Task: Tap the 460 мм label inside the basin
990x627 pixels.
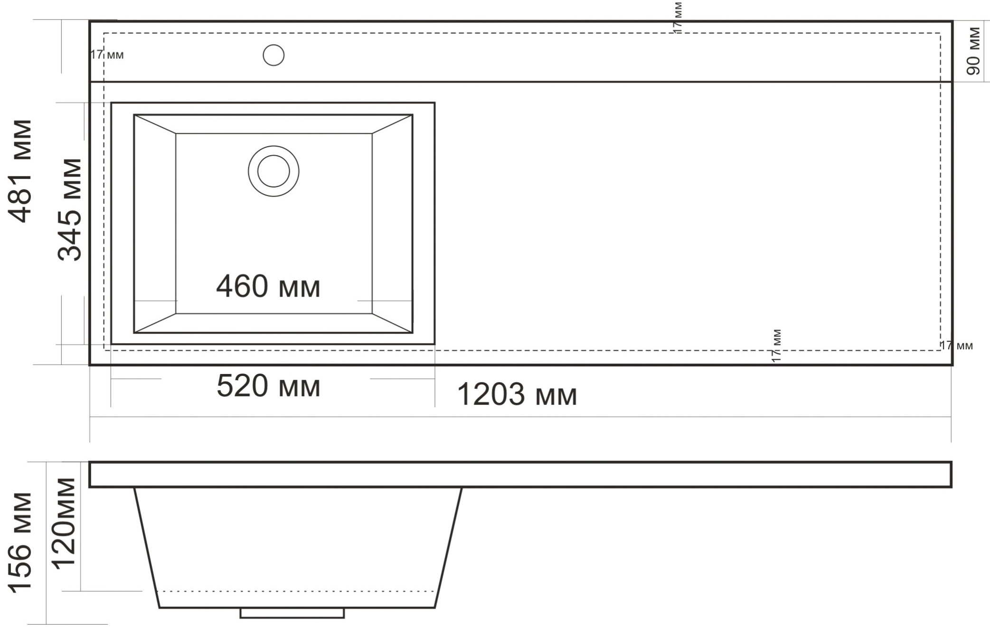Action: (x=268, y=286)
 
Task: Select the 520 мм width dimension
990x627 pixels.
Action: (x=268, y=386)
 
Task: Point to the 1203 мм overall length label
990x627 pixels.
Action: (x=517, y=394)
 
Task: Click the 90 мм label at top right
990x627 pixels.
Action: (x=973, y=51)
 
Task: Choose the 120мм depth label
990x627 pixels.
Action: (x=64, y=524)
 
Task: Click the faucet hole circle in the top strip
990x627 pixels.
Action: (x=273, y=55)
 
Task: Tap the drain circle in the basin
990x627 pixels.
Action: (x=273, y=171)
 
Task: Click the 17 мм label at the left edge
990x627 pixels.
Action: (x=107, y=55)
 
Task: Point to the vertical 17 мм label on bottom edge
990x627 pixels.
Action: (x=776, y=346)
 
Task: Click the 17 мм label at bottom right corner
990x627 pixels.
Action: (x=956, y=346)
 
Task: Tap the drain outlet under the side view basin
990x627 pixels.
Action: (x=292, y=613)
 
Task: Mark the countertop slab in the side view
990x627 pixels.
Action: (x=520, y=474)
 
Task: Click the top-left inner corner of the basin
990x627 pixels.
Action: (x=176, y=134)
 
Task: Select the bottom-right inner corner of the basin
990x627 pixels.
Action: (x=372, y=313)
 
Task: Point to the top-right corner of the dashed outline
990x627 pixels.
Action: (x=940, y=33)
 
